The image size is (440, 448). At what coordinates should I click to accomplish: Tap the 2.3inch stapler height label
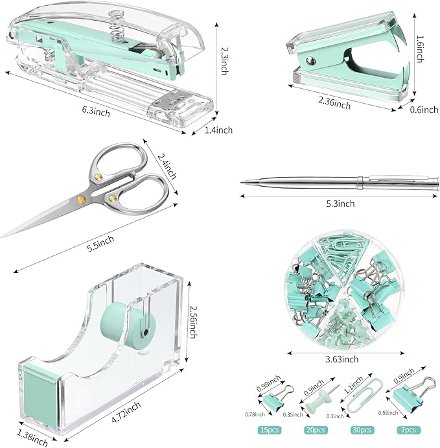tap(225, 59)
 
